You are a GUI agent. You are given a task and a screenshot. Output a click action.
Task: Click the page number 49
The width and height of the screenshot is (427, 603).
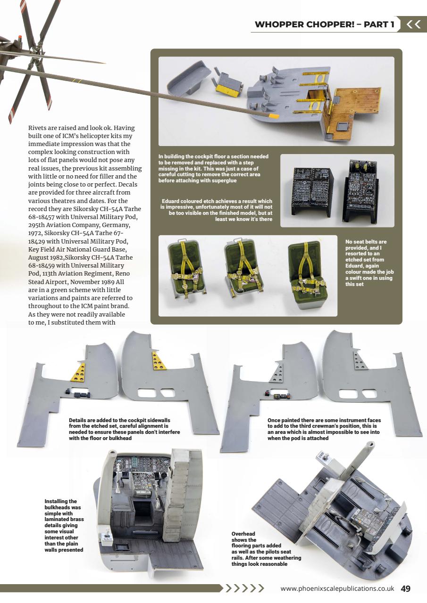406,588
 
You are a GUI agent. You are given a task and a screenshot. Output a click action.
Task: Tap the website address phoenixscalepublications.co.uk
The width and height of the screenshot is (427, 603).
337,588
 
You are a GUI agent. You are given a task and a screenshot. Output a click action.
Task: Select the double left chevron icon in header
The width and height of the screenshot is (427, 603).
413,24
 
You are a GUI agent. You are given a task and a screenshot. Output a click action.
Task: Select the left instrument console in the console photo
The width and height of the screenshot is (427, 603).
312,190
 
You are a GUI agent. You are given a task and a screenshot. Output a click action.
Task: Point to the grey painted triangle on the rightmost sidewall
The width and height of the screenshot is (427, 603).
360,361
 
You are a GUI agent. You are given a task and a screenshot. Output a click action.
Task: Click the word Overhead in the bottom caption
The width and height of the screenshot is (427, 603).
243,534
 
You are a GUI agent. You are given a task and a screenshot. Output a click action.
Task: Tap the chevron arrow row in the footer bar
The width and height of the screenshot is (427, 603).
243,588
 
